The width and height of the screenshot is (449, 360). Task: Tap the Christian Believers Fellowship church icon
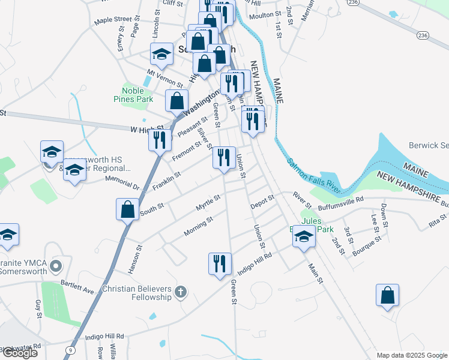[180, 293]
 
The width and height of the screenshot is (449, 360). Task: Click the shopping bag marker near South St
[127, 210]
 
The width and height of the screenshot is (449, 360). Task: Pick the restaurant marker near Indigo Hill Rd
[219, 263]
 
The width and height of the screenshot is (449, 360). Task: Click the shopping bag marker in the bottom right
[387, 295]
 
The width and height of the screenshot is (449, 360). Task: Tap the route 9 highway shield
[71, 350]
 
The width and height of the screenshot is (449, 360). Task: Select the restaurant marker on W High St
[159, 140]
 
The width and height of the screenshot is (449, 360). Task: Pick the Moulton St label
[265, 14]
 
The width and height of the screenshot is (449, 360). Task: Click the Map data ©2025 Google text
[411, 355]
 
